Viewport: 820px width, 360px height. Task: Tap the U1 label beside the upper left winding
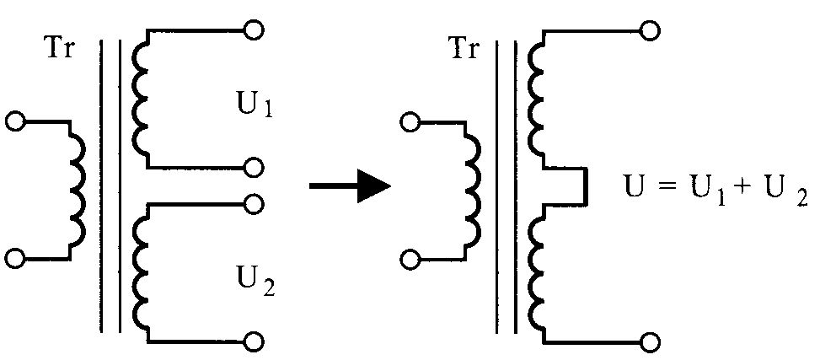coord(255,106)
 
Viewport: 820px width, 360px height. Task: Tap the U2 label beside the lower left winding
coord(255,283)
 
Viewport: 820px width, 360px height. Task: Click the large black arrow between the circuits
coord(351,185)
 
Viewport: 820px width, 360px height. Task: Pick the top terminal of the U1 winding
coord(255,30)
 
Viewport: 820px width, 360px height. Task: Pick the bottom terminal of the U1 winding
coord(255,168)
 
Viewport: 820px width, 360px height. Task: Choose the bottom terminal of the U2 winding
coord(255,342)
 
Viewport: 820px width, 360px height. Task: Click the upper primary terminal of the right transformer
coord(410,123)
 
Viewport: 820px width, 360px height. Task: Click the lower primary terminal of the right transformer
coord(410,259)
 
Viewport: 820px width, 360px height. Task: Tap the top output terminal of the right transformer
coord(650,30)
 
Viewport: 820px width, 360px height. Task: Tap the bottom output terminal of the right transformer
coord(650,343)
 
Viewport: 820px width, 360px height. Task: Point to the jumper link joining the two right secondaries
coord(587,186)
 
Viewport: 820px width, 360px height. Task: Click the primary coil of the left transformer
coord(77,190)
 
